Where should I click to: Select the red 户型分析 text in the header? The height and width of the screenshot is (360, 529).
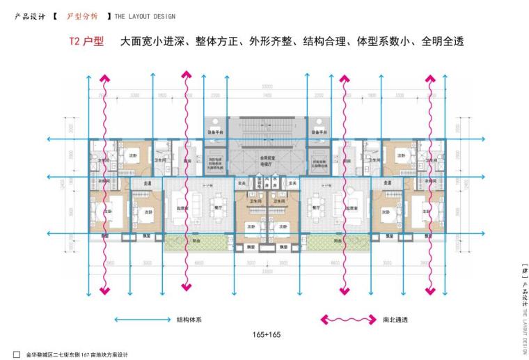click(x=81, y=15)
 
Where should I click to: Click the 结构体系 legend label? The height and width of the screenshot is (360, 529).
click(x=189, y=320)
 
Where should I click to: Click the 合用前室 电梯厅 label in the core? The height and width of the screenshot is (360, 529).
click(x=264, y=161)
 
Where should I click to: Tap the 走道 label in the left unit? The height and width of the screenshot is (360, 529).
click(x=148, y=183)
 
